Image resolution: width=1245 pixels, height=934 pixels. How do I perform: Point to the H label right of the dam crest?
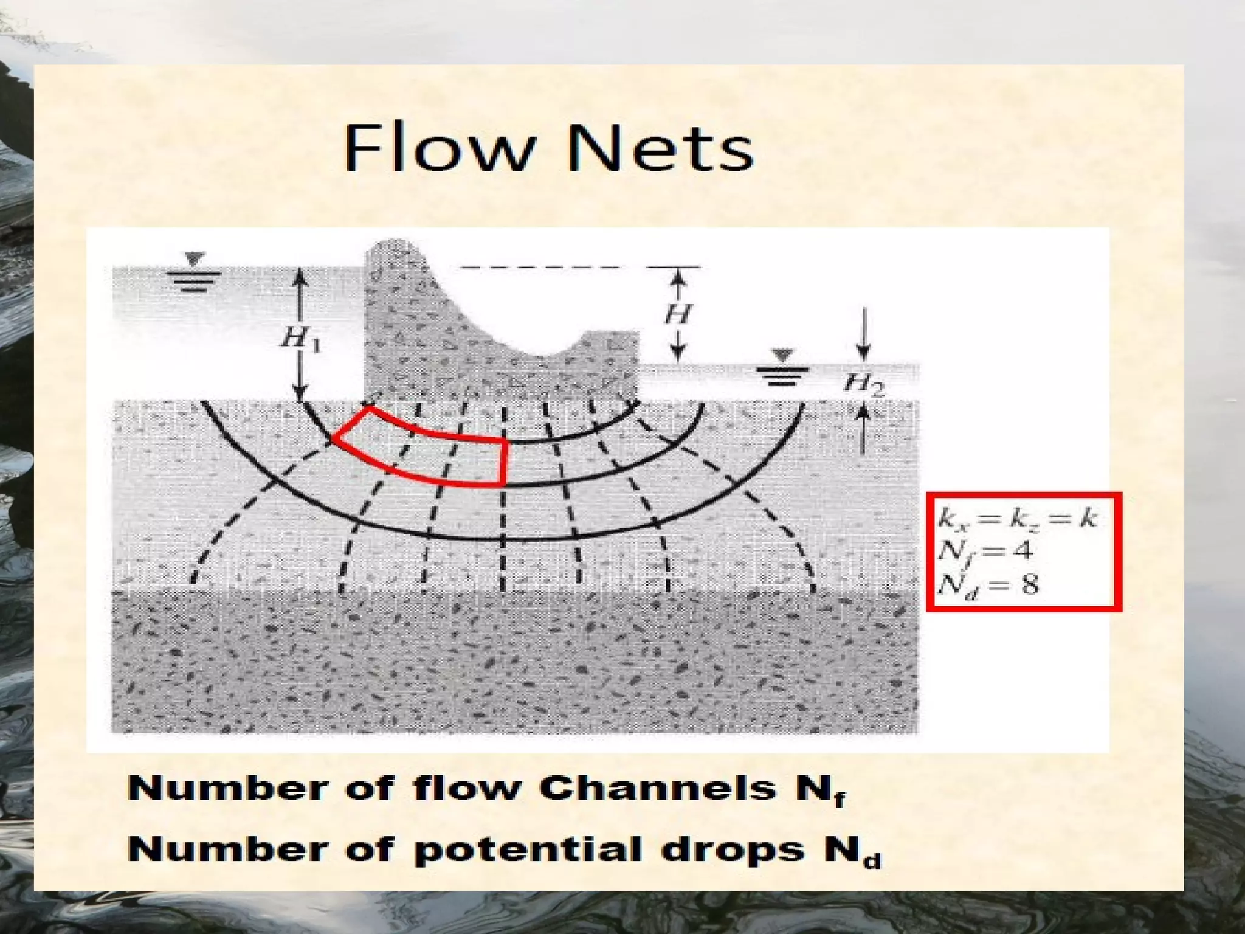coord(678,314)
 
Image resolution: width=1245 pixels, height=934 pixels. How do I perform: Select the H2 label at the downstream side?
coord(863,384)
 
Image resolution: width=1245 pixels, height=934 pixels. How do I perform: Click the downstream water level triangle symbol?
coord(782,355)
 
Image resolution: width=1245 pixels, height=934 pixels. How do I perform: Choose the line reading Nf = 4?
coord(985,551)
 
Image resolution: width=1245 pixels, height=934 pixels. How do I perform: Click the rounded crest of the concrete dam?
coord(392,248)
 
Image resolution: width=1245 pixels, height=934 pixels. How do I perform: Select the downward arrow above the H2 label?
coord(863,334)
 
